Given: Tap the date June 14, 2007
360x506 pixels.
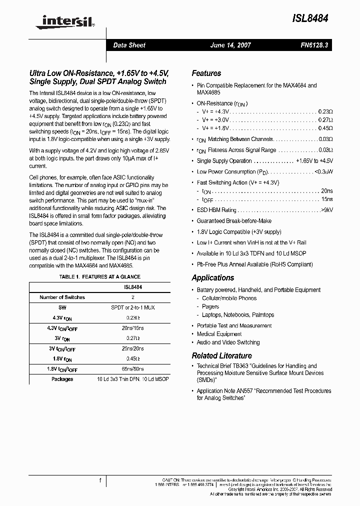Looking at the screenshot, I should tap(230, 45).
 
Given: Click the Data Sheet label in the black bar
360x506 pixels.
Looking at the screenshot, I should tap(129, 45).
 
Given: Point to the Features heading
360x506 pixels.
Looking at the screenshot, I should tap(206, 73).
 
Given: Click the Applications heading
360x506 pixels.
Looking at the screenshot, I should tap(212, 277).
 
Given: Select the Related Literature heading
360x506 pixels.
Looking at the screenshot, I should tap(221, 355).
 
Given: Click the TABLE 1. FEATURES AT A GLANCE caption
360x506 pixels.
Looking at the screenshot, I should tap(99, 276).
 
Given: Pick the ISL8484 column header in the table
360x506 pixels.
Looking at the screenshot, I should tap(132, 287).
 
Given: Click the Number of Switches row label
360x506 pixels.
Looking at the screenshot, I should tap(62, 297).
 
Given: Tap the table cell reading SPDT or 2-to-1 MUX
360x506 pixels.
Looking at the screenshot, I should tap(132, 307).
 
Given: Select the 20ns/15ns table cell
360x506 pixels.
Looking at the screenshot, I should tap(132, 328).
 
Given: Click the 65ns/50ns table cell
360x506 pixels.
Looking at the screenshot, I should tap(132, 369).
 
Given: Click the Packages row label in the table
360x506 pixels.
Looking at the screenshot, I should tap(62, 379).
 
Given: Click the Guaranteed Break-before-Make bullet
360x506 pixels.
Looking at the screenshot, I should tap(234, 220).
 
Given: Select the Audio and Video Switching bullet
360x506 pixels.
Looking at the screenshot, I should tap(228, 342).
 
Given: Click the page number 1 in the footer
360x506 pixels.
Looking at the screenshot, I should tap(100, 480).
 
